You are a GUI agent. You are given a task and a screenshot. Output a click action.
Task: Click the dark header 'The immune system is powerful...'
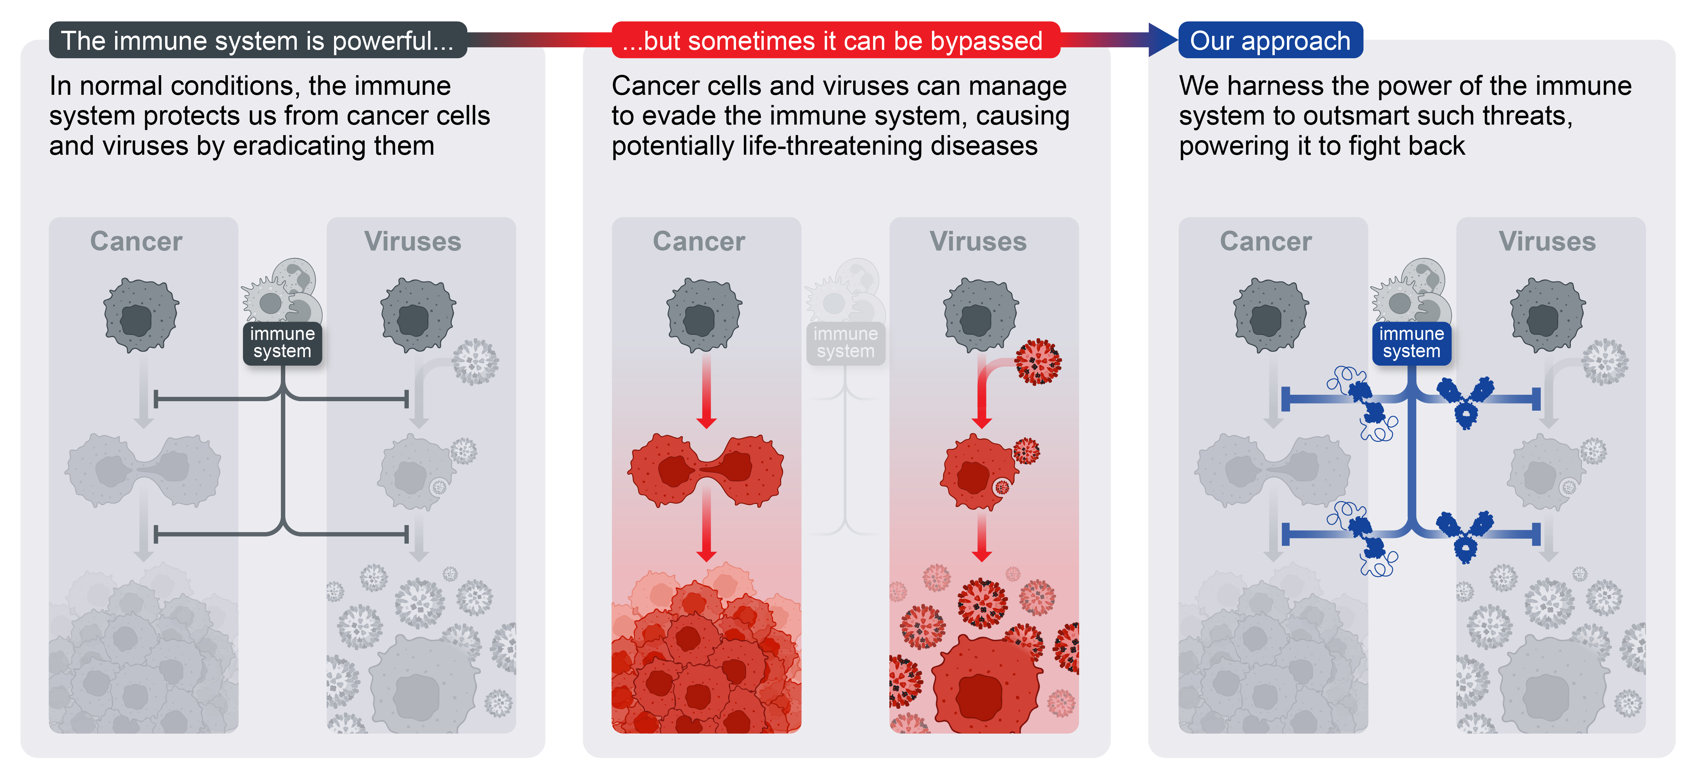point(258,41)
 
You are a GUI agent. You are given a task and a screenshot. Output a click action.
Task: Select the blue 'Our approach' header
point(1270,41)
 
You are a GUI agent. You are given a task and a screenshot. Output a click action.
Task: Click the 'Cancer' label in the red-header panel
point(699,241)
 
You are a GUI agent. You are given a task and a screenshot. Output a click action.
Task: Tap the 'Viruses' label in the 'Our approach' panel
point(1547,241)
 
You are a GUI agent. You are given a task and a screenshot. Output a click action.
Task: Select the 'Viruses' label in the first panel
point(413,241)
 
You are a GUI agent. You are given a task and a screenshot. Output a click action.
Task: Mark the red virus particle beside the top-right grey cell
point(1038,361)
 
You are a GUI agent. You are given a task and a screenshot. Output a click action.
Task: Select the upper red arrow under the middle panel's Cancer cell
point(706,391)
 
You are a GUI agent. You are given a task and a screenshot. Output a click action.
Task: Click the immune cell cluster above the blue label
point(1411,293)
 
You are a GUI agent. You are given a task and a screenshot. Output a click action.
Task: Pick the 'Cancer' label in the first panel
point(136,241)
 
